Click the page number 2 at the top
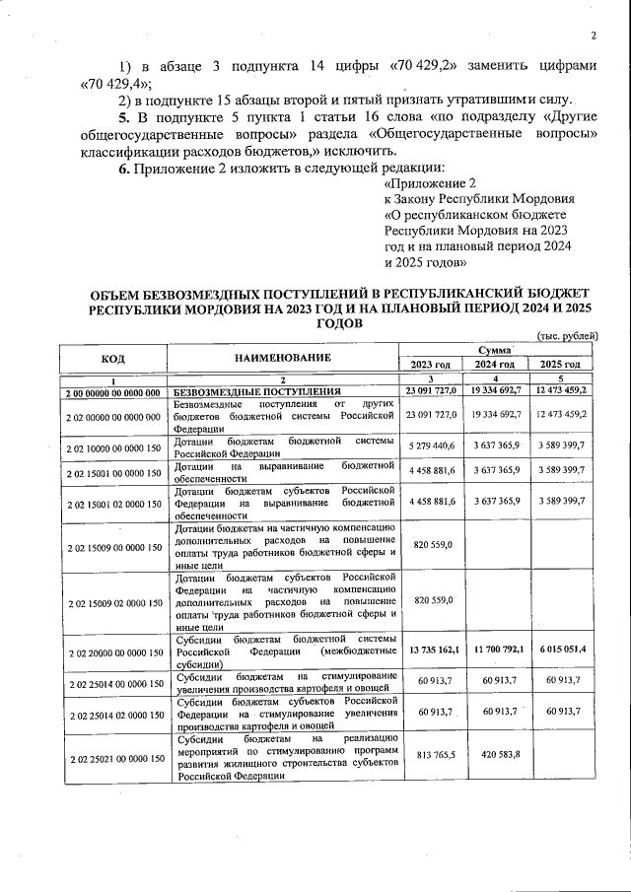[x=594, y=36]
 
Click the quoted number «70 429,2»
[x=422, y=66]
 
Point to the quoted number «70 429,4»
[x=111, y=83]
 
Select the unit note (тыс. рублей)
[x=568, y=336]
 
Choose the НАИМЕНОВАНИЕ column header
[x=281, y=357]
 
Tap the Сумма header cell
[x=495, y=350]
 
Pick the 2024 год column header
[x=495, y=365]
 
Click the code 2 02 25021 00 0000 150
[x=112, y=757]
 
